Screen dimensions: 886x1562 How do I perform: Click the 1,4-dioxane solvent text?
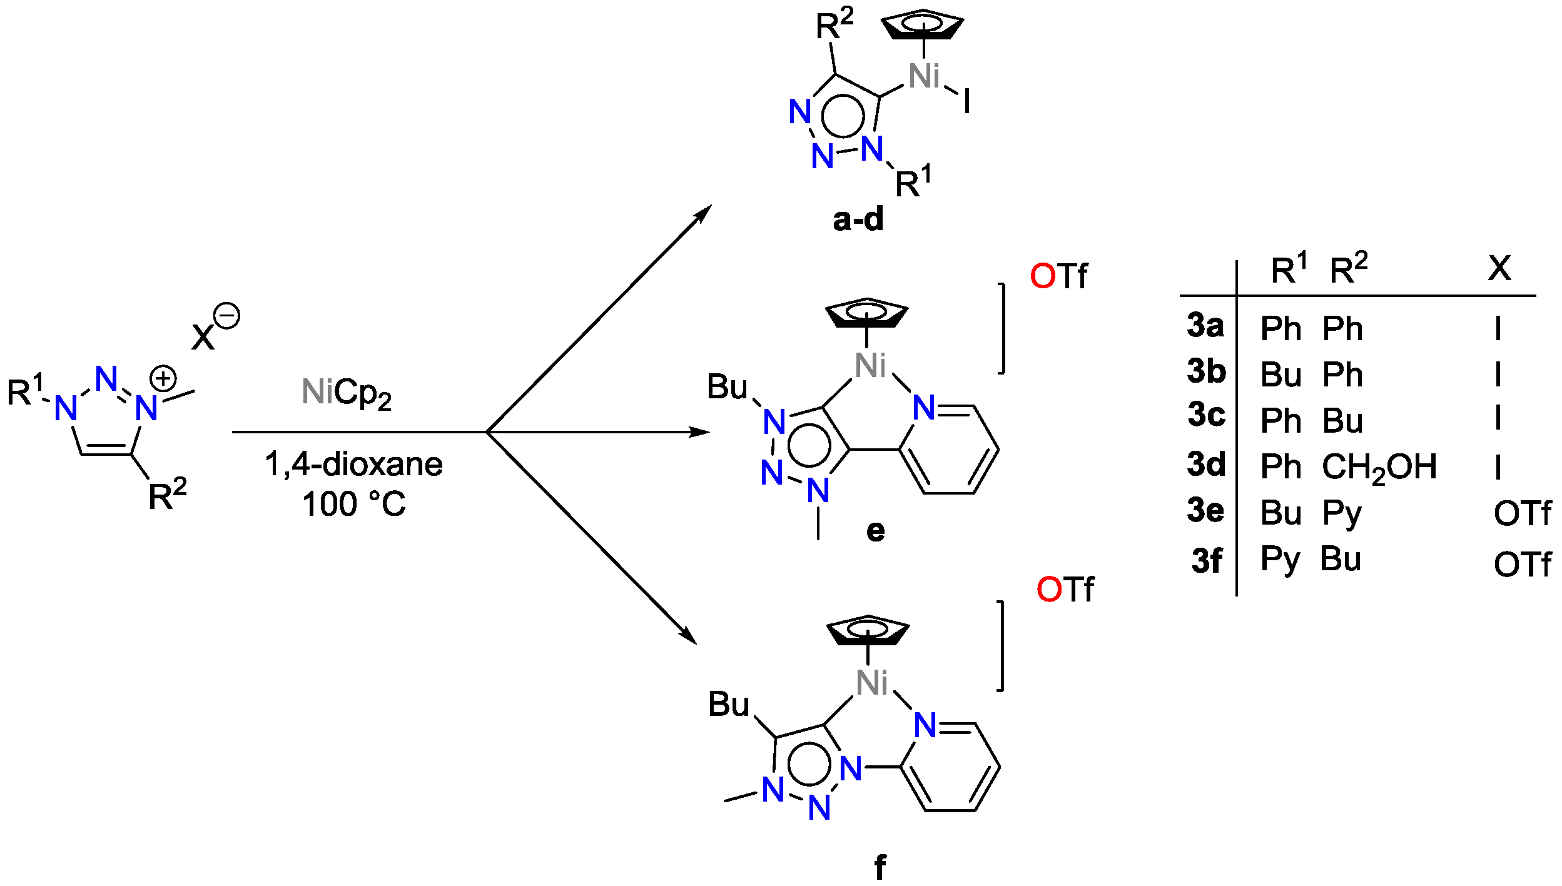tap(353, 464)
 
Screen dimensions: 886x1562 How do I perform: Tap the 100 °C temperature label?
tap(353, 504)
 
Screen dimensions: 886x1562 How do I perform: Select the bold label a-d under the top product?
tap(858, 219)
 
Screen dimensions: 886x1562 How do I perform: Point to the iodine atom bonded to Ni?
tap(966, 101)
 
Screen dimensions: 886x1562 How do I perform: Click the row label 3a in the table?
tap(1205, 326)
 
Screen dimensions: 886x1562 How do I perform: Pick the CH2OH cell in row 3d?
tap(1379, 468)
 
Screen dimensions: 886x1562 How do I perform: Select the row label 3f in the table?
tap(1206, 560)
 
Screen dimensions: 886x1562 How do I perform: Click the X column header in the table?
tap(1499, 268)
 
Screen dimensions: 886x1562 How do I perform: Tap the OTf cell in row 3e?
tap(1522, 514)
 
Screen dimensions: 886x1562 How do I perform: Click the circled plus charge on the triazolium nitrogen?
tap(163, 378)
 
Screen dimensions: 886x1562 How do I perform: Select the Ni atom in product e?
tap(870, 366)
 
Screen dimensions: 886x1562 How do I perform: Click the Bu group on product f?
tap(728, 705)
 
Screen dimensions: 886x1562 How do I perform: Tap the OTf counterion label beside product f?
tap(1065, 590)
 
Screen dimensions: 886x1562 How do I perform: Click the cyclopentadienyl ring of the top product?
tap(922, 25)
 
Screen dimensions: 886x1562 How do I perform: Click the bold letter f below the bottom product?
tap(880, 867)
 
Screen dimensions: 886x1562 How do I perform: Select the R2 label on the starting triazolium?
tap(167, 495)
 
